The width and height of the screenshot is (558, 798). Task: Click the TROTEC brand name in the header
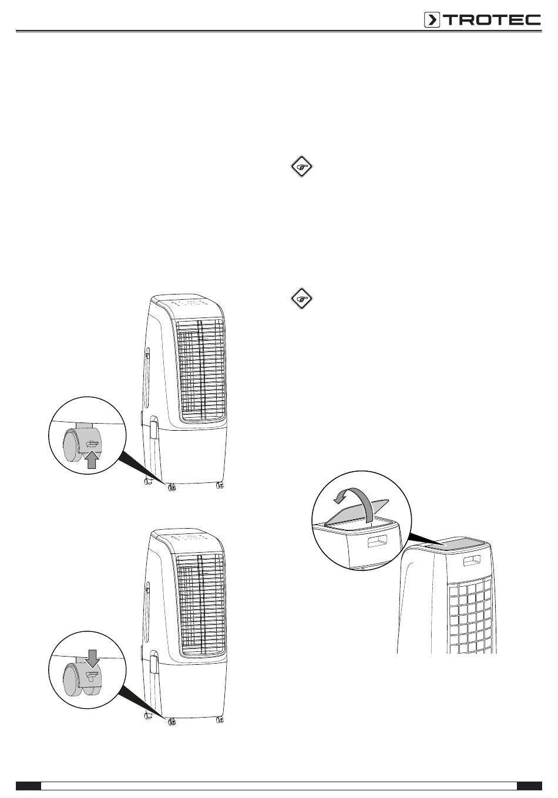pos(492,20)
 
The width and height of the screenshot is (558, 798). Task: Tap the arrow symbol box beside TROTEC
pos(432,20)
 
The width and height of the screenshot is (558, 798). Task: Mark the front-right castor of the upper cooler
pos(220,485)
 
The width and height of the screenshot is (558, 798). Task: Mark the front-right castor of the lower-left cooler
pos(220,719)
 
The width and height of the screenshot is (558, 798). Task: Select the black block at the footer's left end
pos(28,786)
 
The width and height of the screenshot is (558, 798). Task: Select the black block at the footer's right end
pos(529,786)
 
